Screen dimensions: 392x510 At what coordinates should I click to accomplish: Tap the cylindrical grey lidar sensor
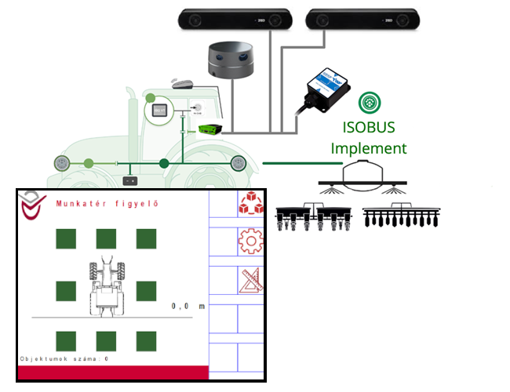tap(231, 62)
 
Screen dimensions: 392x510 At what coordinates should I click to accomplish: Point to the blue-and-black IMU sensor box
tap(327, 88)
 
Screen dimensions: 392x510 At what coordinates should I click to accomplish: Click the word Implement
tap(369, 147)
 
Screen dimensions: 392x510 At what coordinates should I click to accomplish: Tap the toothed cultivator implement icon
tap(404, 217)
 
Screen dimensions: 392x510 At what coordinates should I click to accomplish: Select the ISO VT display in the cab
tap(159, 111)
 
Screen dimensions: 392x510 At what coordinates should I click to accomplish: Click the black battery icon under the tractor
tap(131, 181)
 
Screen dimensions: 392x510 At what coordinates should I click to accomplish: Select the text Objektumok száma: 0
tap(64, 358)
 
